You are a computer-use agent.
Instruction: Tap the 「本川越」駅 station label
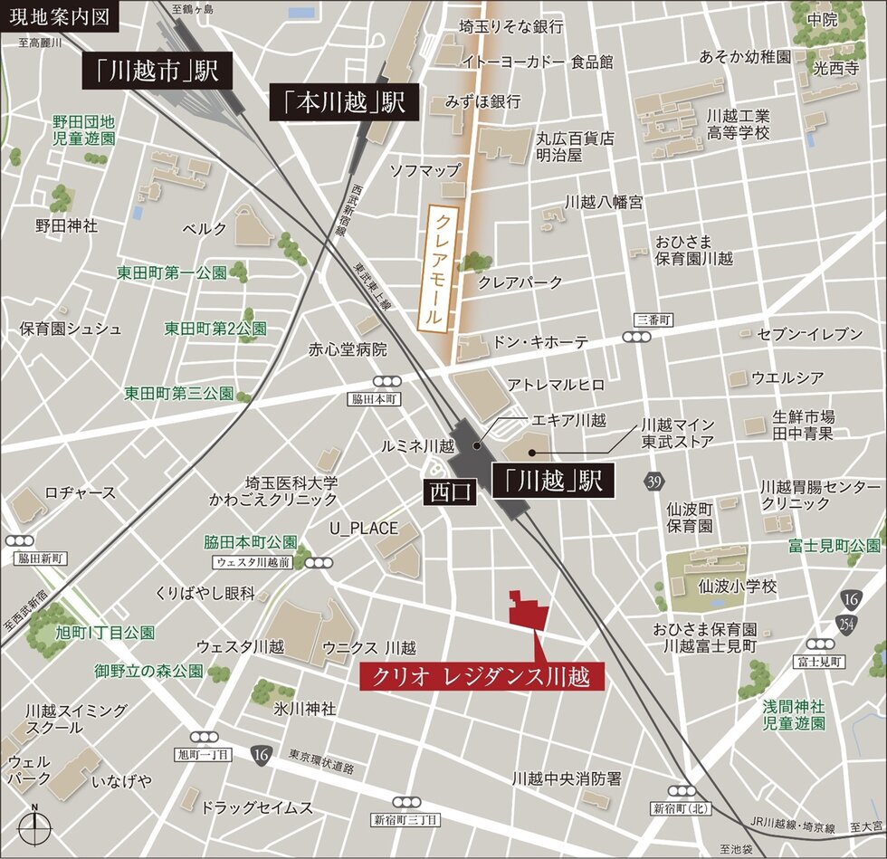(345, 104)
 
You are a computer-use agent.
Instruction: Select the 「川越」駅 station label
(553, 481)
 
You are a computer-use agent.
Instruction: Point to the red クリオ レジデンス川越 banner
(482, 675)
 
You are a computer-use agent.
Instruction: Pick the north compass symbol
(34, 826)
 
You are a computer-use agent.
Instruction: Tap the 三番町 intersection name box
(655, 320)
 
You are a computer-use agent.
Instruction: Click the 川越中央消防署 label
(567, 778)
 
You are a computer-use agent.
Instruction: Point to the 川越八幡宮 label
(604, 202)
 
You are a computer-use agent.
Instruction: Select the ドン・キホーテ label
(539, 342)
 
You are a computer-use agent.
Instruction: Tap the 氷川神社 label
(304, 708)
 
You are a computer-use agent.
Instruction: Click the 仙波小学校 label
(738, 587)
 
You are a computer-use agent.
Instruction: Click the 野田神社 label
(66, 224)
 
